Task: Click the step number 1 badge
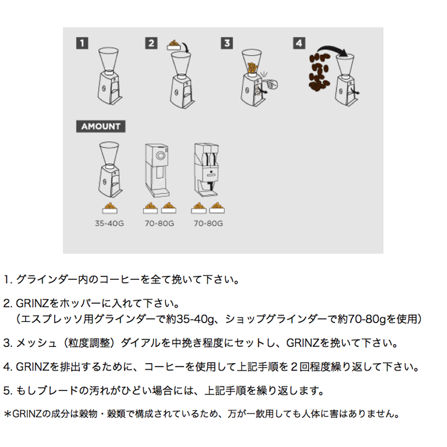click(82, 44)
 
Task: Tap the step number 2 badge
click(151, 44)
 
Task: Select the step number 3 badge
click(227, 44)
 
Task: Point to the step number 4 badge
click(299, 44)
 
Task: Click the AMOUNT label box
click(101, 126)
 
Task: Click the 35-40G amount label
click(110, 223)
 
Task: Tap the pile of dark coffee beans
click(320, 72)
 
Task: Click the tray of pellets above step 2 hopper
click(174, 45)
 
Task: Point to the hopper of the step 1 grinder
click(108, 59)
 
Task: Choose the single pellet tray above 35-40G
click(110, 208)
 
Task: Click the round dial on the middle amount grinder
click(160, 156)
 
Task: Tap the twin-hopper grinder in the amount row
click(207, 170)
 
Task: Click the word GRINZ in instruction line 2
click(32, 303)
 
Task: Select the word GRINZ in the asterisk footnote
click(27, 413)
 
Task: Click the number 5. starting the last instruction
click(8, 391)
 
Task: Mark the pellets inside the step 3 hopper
click(252, 68)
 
